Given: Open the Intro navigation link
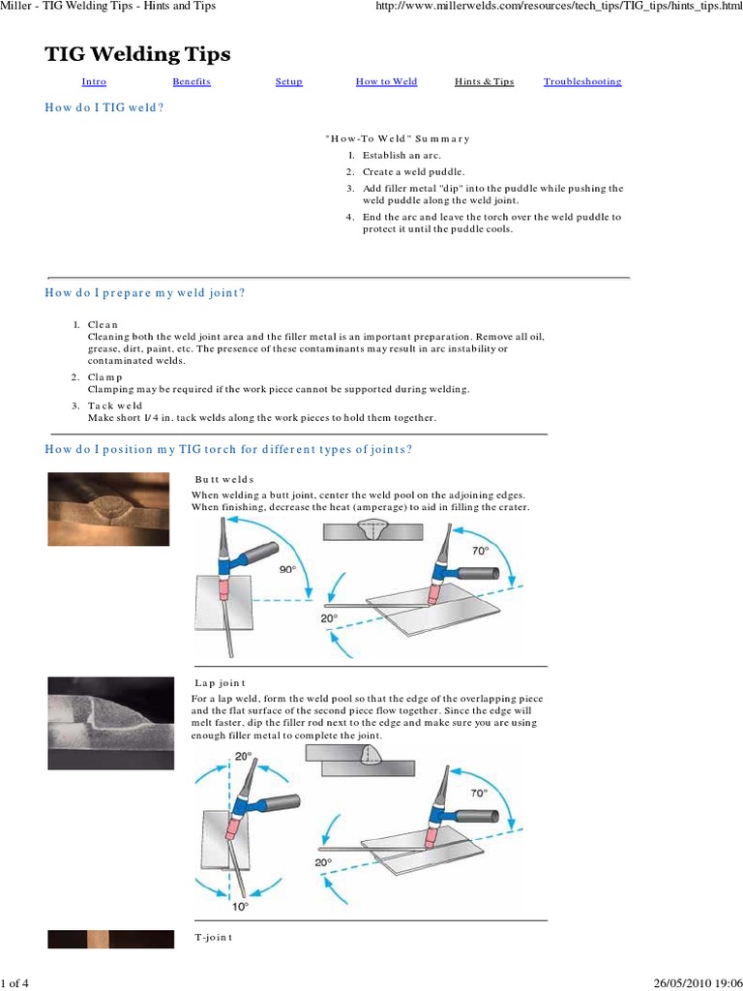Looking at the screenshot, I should click(x=94, y=82).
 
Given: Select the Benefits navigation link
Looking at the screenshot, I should click(x=191, y=82).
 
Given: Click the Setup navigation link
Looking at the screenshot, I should click(x=288, y=82).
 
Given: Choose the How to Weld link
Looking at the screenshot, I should click(x=386, y=82).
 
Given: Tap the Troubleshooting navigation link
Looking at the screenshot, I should click(x=581, y=82).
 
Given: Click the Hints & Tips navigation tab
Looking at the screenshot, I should click(x=484, y=82).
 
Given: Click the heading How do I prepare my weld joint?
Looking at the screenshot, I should click(x=145, y=292).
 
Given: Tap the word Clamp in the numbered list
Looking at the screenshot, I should click(x=104, y=376).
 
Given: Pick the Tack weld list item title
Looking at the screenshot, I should click(x=114, y=405).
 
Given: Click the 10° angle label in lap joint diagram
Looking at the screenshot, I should click(x=238, y=906).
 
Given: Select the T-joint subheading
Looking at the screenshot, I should click(x=213, y=938).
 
